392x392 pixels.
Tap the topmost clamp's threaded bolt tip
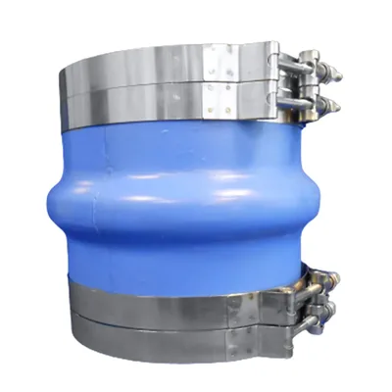tap(336, 72)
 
